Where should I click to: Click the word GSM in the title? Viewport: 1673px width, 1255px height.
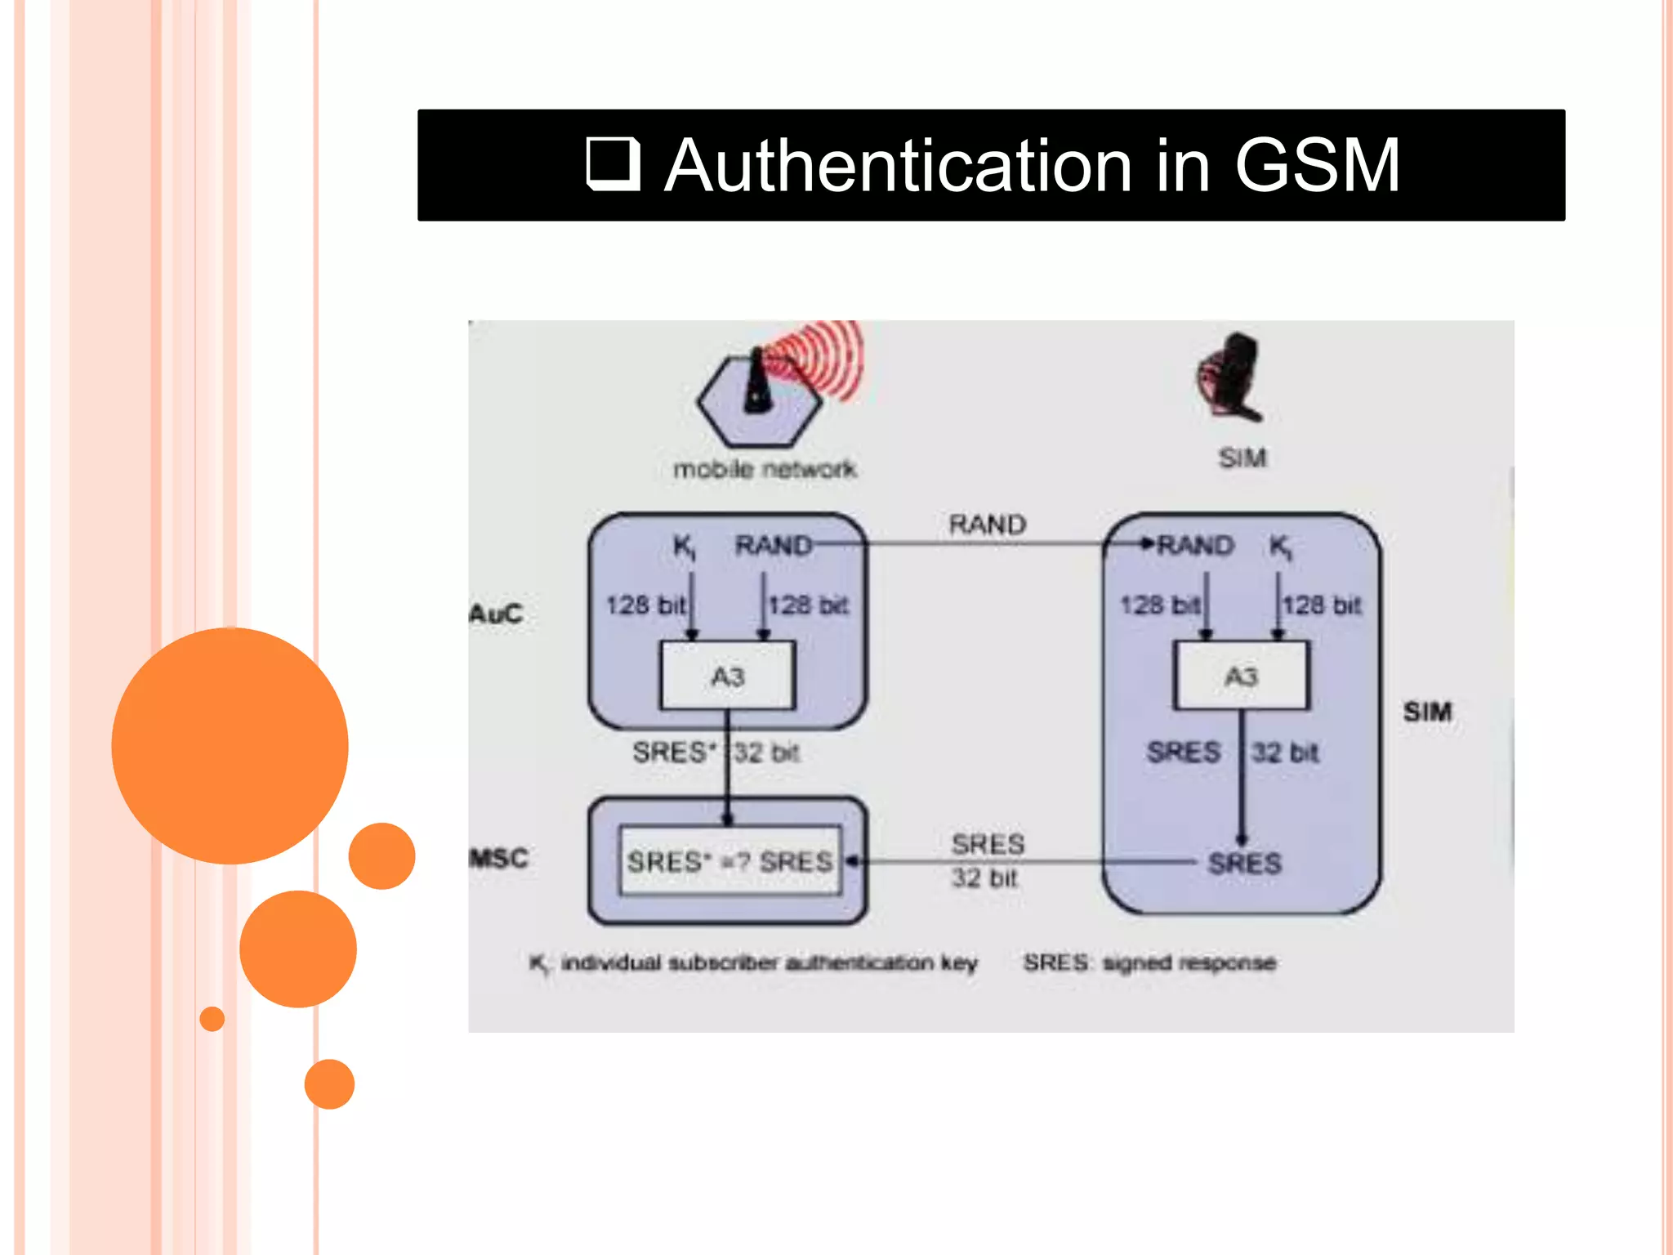tap(1317, 166)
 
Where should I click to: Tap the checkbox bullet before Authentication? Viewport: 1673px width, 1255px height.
tap(613, 164)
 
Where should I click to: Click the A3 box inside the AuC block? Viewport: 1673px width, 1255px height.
tap(727, 676)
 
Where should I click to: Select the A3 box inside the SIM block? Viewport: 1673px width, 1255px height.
tap(1241, 676)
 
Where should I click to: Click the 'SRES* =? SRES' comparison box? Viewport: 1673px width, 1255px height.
tap(729, 861)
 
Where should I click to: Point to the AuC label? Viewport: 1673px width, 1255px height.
tap(496, 614)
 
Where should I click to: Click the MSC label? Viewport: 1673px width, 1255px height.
tap(498, 858)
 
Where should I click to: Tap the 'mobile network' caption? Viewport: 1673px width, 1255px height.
tap(765, 469)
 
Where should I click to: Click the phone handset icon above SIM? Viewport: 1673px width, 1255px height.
tap(1232, 377)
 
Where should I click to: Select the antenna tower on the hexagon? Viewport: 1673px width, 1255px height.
tap(757, 382)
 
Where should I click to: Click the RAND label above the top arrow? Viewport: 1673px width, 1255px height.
tap(987, 525)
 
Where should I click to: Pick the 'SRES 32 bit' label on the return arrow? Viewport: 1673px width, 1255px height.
tap(987, 860)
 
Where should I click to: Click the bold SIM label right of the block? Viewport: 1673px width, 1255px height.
tap(1427, 712)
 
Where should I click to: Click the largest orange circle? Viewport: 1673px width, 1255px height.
tap(230, 745)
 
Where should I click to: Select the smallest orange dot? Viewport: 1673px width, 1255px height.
tap(212, 1019)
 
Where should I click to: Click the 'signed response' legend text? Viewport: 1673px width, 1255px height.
tap(1189, 962)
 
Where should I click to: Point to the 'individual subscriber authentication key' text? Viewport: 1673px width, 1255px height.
tap(769, 962)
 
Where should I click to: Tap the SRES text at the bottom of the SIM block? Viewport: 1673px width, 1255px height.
tap(1244, 863)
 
